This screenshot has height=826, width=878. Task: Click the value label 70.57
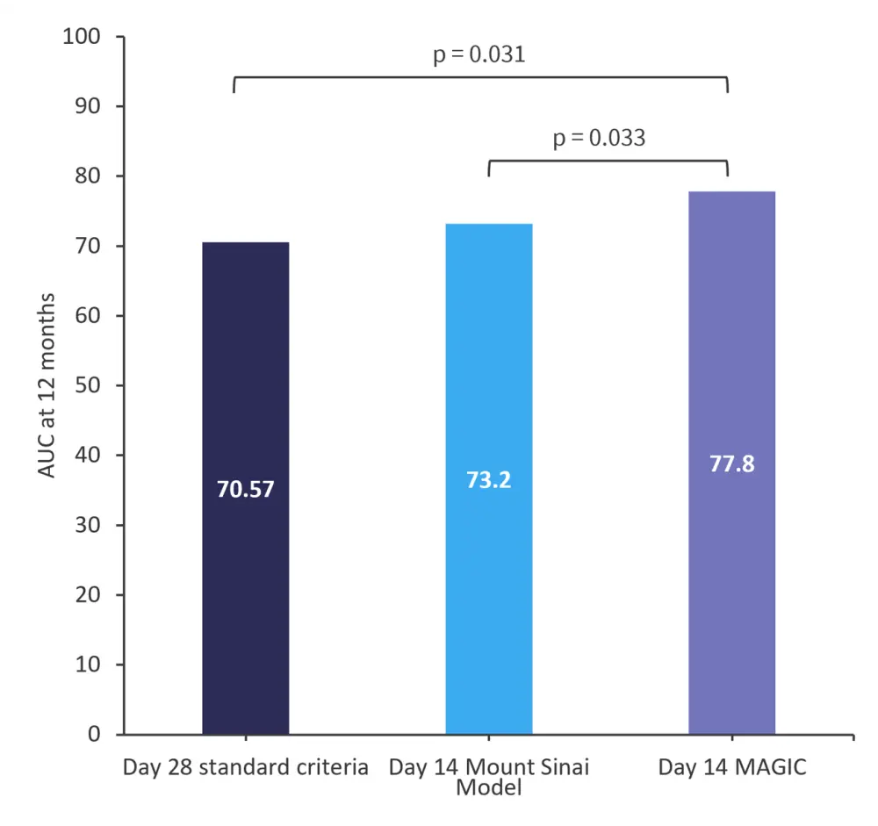click(x=246, y=489)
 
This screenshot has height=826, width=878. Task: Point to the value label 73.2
click(x=488, y=481)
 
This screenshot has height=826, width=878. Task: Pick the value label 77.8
click(x=731, y=463)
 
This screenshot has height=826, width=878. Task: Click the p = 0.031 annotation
click(x=479, y=54)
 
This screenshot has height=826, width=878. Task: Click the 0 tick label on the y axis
click(x=96, y=734)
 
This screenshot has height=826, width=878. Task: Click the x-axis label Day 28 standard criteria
click(x=246, y=768)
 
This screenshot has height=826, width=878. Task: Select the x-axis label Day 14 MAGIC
click(x=732, y=768)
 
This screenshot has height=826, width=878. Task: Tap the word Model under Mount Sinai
click(x=489, y=787)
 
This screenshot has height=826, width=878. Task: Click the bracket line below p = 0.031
click(x=480, y=77)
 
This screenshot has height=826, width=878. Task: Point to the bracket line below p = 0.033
click(x=608, y=161)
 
